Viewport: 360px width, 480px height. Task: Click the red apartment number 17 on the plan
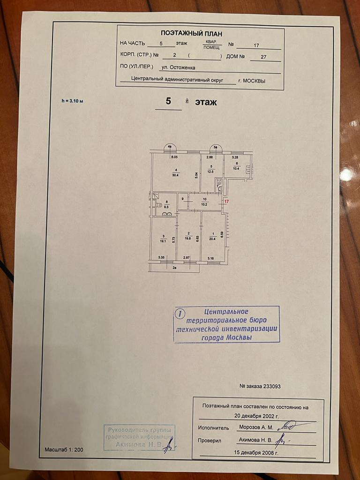pos(226,201)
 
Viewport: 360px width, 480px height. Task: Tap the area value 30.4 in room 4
pos(175,175)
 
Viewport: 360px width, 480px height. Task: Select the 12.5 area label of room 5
pos(211,172)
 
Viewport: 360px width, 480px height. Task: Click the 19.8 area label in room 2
pos(188,238)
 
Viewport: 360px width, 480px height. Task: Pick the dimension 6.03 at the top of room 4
pos(174,157)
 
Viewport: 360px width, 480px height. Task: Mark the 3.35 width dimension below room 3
pos(161,257)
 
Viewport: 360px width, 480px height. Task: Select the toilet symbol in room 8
pos(159,205)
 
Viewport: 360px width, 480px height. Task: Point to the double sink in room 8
pos(166,214)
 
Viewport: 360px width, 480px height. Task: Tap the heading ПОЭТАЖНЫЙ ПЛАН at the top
pos(191,33)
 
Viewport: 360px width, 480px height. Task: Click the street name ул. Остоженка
pos(178,67)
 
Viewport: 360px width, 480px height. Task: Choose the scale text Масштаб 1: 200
pos(64,450)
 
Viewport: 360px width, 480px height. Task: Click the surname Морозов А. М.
pos(256,427)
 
